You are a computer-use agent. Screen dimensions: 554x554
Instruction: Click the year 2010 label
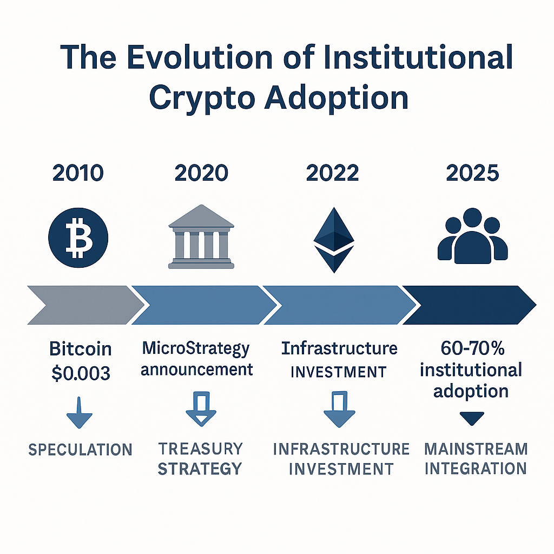[x=78, y=173]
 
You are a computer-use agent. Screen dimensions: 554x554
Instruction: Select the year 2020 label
[x=201, y=173]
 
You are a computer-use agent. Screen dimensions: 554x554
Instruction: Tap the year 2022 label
[x=332, y=173]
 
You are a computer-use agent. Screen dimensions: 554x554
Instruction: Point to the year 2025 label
[x=472, y=173]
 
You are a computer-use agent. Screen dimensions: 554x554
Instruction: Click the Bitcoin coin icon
[x=78, y=237]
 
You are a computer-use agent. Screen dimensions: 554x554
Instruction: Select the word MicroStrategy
[x=196, y=349]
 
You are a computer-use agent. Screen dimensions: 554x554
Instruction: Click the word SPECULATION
[x=80, y=449]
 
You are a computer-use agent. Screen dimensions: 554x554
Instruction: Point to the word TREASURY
[x=200, y=449]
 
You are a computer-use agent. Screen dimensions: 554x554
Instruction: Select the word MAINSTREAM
[x=476, y=449]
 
